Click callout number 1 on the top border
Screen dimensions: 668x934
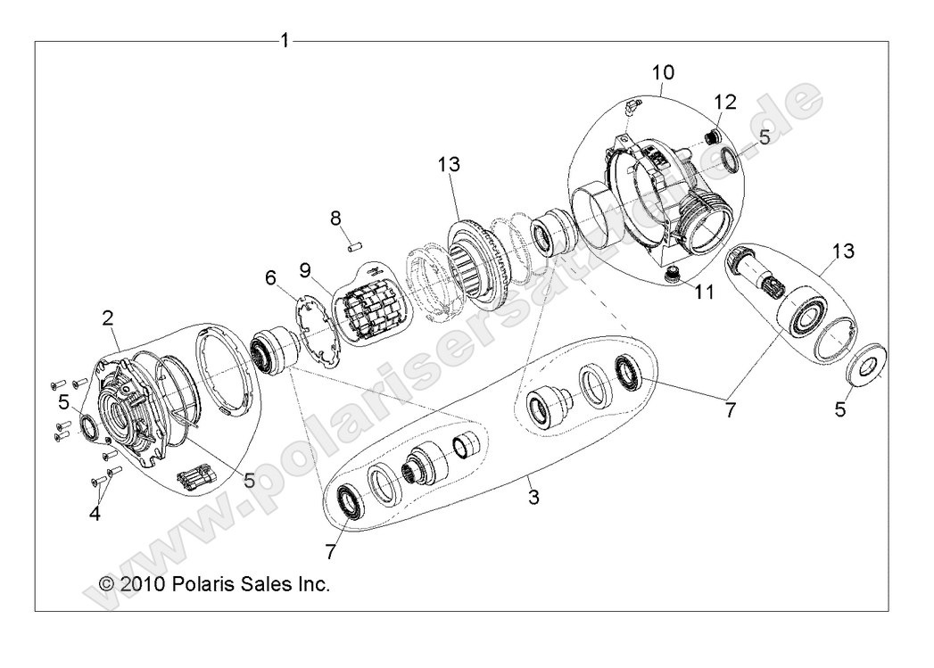click(285, 41)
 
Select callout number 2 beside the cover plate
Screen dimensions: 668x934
click(108, 317)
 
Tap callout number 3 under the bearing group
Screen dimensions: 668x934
click(533, 497)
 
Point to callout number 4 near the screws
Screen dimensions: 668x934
click(94, 514)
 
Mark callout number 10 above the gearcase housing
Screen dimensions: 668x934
click(663, 71)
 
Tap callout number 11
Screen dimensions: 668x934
click(705, 292)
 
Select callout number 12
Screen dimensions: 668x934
click(724, 102)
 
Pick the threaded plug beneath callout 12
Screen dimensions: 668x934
click(712, 136)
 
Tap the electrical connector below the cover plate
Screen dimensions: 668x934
click(200, 479)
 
